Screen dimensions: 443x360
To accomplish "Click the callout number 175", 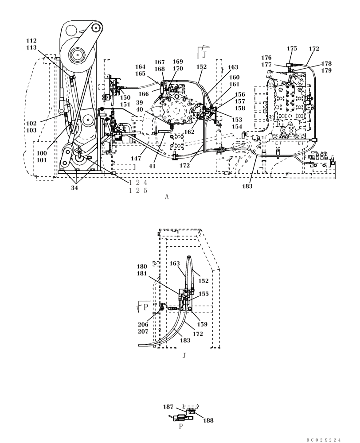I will [x=292, y=48].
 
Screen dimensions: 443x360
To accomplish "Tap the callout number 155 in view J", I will [x=203, y=294].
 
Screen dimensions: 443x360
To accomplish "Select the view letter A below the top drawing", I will [x=167, y=198].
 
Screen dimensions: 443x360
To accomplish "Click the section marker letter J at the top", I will [x=204, y=54].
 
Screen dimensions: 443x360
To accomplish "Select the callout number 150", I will [x=125, y=97].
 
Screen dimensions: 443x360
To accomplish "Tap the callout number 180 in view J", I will [x=142, y=267].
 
